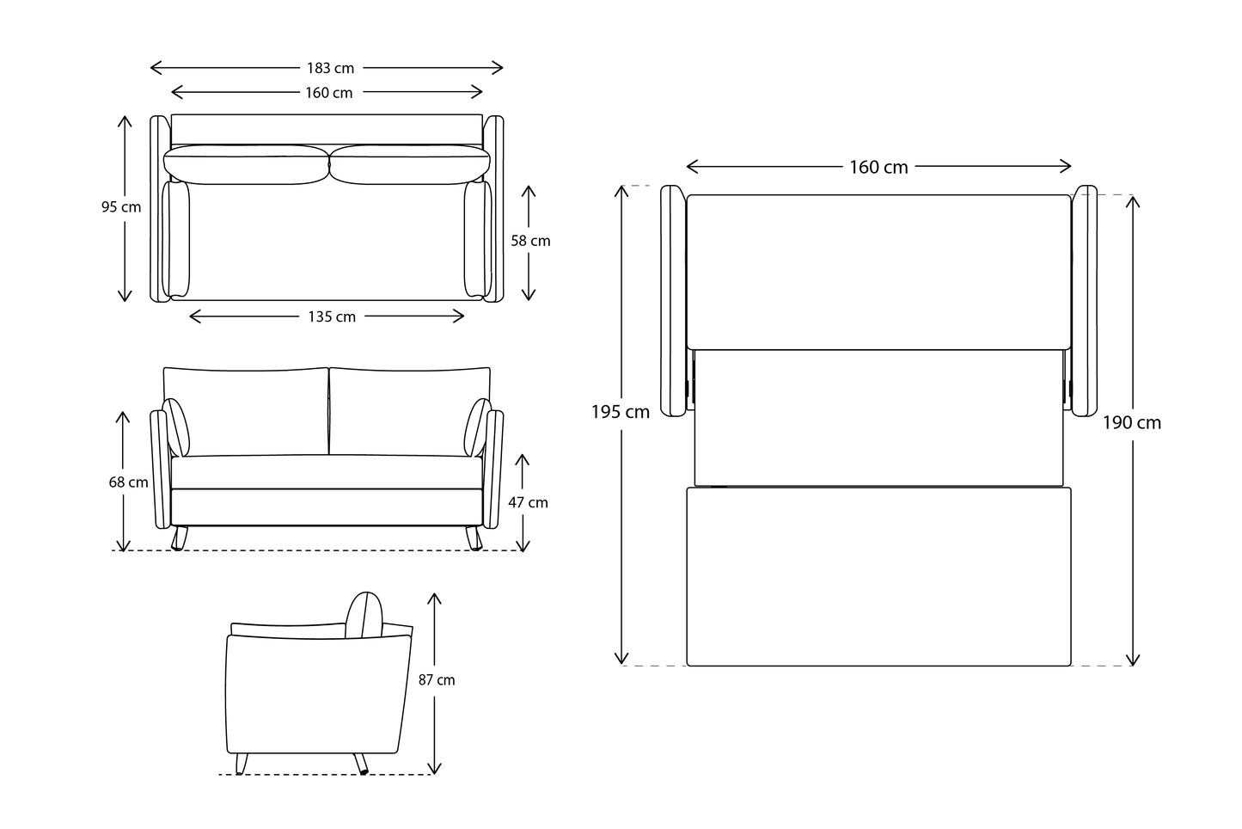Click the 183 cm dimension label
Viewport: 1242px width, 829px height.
pos(330,68)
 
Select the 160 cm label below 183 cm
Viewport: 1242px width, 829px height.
pos(328,93)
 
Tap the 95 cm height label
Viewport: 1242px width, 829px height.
pos(120,207)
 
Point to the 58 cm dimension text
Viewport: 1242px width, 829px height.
pos(530,241)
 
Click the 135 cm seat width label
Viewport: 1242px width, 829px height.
pos(332,317)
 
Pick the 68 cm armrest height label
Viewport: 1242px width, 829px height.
pos(128,482)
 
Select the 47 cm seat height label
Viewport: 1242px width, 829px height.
pos(528,502)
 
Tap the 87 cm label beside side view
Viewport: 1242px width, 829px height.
pos(437,680)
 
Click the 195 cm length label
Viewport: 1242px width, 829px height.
pos(620,412)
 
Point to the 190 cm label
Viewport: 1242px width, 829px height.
pos(1132,422)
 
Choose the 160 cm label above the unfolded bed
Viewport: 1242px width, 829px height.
pos(878,168)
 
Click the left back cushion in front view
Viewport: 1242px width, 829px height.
pos(246,411)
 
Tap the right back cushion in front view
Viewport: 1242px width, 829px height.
pos(409,411)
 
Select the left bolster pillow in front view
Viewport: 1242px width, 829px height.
pos(177,427)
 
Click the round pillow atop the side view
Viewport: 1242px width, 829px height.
pos(364,616)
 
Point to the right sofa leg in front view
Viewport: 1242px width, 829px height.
pos(474,538)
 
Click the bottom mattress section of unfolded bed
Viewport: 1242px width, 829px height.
pos(878,576)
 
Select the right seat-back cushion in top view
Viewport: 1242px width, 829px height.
pos(409,164)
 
